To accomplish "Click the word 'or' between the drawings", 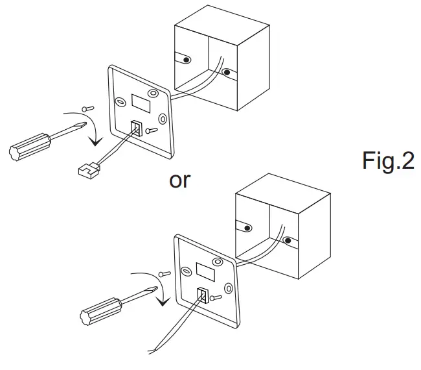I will coord(180,180).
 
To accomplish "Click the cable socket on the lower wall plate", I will coord(202,295).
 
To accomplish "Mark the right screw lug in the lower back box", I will coord(288,241).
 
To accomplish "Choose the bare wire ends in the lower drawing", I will coord(150,352).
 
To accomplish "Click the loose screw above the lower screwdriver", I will coord(164,277).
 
